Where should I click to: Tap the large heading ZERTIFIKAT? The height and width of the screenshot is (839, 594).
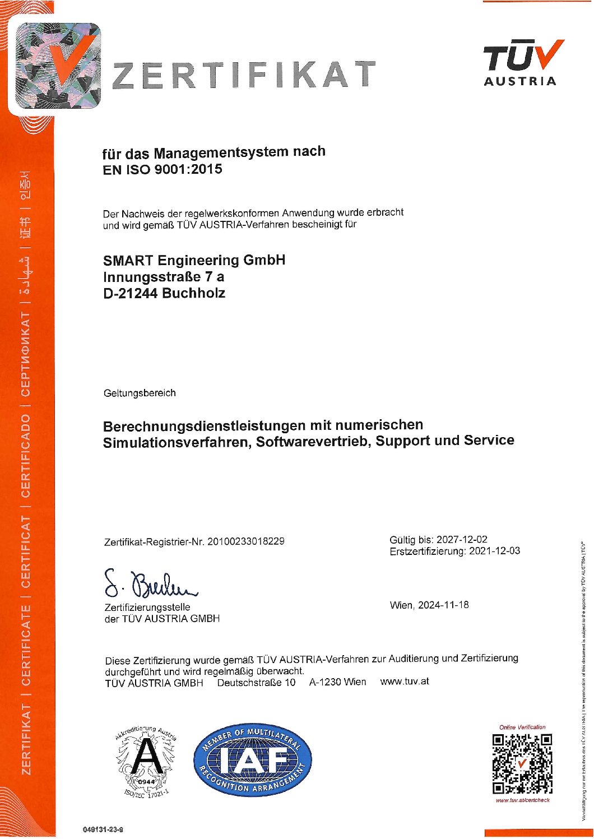coord(244,75)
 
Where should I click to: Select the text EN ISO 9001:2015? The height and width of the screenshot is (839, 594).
coord(163,169)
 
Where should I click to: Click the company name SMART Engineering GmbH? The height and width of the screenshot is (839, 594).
coord(194,260)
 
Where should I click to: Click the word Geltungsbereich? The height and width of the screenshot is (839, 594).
coord(140,393)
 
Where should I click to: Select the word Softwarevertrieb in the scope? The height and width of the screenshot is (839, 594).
coord(314,442)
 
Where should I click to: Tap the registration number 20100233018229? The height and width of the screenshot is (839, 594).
coord(245,541)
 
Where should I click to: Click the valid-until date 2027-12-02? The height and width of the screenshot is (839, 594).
coord(462,539)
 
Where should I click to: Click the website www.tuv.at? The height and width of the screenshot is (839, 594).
coord(405,682)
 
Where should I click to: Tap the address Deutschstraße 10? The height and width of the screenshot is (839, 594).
coord(256,682)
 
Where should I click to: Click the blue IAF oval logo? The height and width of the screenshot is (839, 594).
coord(253,759)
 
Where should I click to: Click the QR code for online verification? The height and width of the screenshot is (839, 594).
coord(522,763)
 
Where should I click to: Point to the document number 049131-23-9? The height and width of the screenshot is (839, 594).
coord(103,829)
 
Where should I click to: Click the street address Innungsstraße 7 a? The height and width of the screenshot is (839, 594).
coord(164,277)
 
